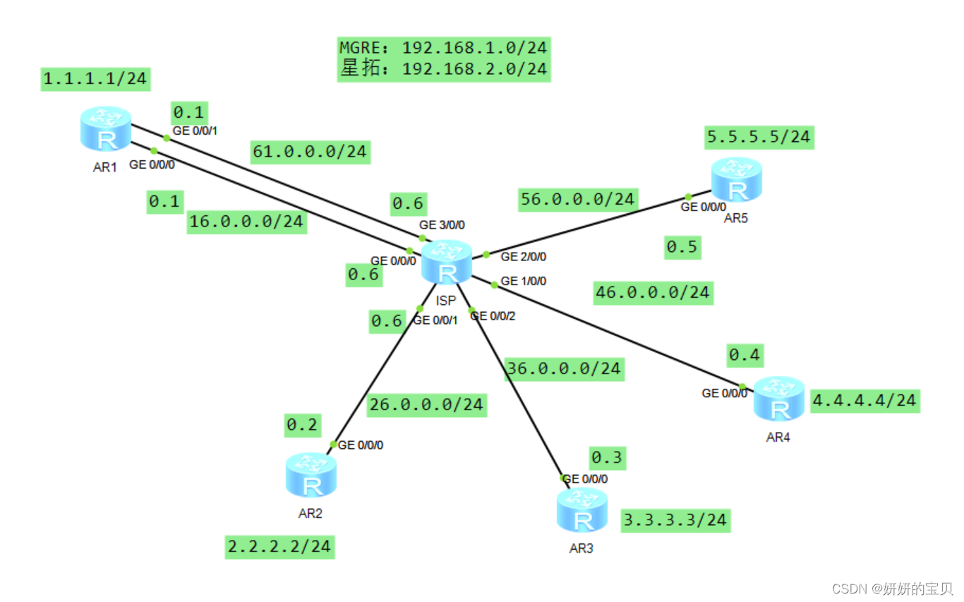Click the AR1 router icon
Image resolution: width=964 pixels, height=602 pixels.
tap(106, 129)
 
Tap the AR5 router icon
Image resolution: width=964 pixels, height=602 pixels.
tap(736, 180)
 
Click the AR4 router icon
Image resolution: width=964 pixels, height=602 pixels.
tap(778, 399)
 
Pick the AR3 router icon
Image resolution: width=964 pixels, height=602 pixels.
tap(582, 510)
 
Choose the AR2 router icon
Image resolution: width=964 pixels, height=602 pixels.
tap(311, 476)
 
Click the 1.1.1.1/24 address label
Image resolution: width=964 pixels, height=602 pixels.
tap(95, 79)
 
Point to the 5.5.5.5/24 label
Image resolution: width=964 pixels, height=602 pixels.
tap(759, 136)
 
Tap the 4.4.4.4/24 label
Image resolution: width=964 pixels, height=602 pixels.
tap(864, 401)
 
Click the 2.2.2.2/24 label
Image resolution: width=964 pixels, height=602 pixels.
tap(279, 547)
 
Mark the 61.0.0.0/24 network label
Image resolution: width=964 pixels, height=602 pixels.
tap(310, 152)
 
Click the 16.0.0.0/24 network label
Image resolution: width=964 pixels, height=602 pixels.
tap(246, 222)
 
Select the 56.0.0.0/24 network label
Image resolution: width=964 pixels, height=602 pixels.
tap(577, 199)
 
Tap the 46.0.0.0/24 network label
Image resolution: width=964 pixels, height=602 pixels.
tap(653, 292)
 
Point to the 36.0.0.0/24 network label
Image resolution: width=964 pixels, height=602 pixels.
tap(565, 368)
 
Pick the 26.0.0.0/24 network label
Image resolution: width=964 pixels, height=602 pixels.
tap(426, 404)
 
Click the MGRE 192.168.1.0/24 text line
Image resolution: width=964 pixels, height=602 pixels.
tap(443, 48)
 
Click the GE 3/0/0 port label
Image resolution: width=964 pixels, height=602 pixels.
tap(442, 225)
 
